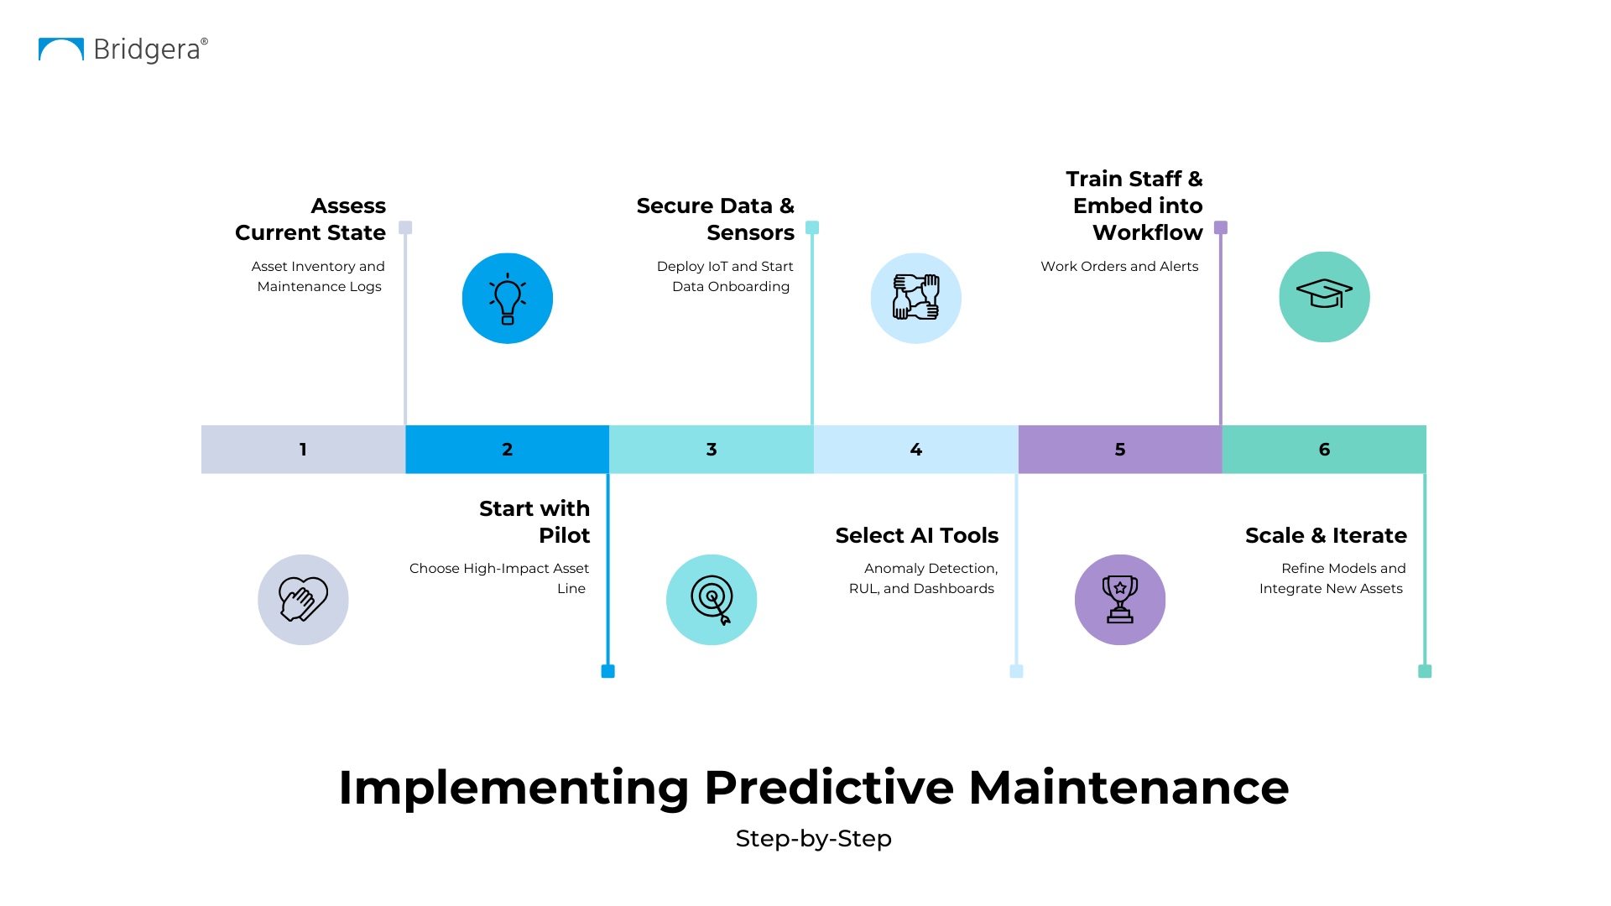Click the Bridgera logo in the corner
pos(123,49)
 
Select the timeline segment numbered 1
pos(303,450)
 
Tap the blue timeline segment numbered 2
pos(508,450)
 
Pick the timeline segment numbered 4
pos(916,450)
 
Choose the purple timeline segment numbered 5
pos(1120,450)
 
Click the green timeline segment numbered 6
pos(1324,450)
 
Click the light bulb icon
pos(508,299)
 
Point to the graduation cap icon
pos(1324,294)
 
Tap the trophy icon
pos(1120,599)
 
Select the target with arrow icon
pos(712,599)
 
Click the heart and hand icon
pos(303,599)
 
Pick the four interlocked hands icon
pos(916,297)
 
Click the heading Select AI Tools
pos(917,535)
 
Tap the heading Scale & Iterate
pos(1326,535)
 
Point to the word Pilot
pos(564,535)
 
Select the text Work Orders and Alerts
pos(1119,266)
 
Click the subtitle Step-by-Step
pos(813,839)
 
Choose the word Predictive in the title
pos(828,788)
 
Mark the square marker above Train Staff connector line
pos(1221,227)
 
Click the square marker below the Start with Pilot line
pos(608,671)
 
